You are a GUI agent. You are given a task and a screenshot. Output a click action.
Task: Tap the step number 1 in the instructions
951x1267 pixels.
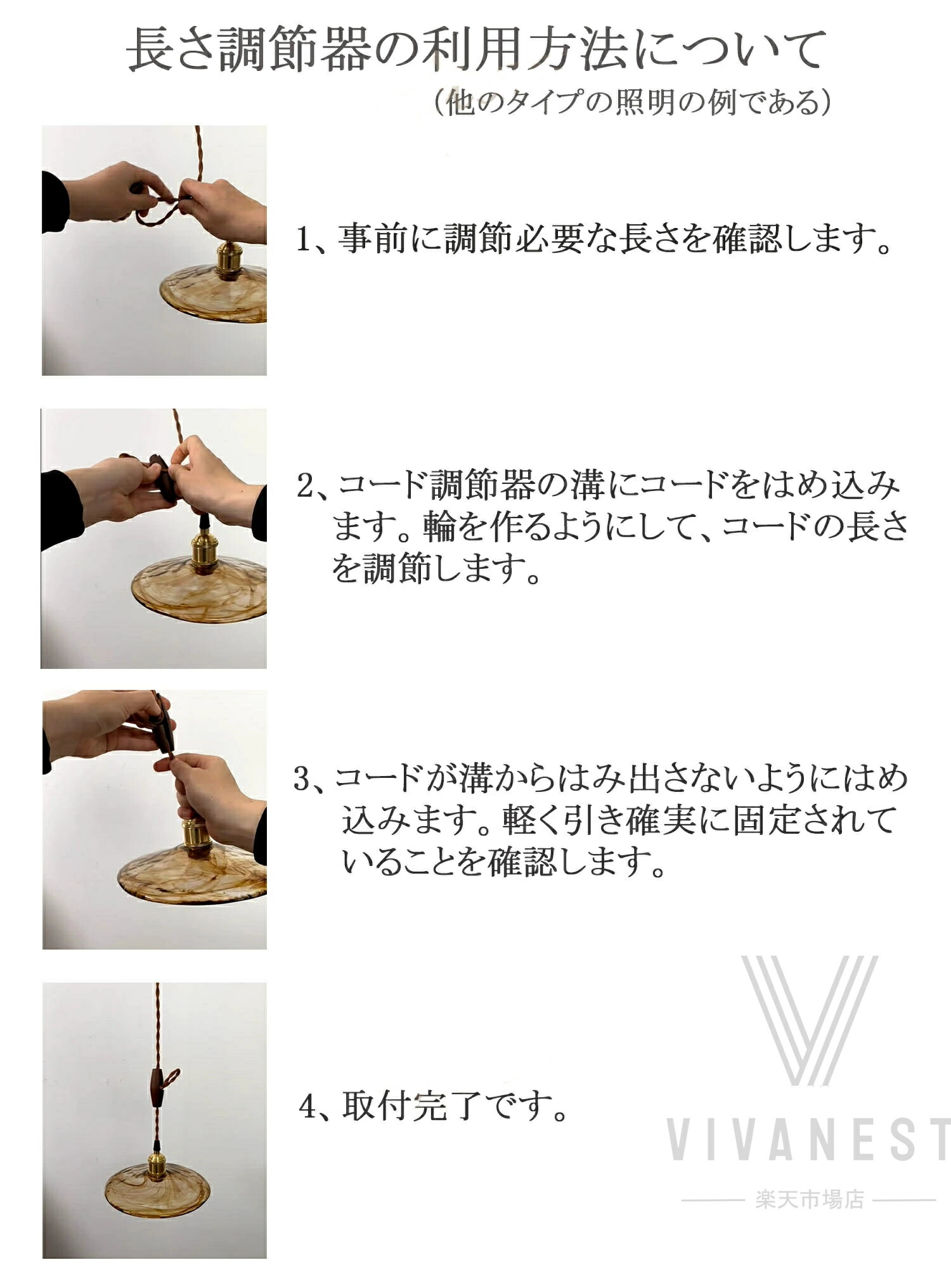304,239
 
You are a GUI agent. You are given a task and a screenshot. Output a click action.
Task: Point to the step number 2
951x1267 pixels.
306,486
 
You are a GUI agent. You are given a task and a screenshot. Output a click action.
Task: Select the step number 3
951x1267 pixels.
302,780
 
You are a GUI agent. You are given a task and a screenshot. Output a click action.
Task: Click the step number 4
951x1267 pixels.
308,1107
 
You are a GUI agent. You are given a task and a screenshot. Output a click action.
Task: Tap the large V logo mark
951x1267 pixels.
810,1021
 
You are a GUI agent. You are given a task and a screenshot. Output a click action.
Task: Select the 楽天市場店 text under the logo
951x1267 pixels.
810,1199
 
